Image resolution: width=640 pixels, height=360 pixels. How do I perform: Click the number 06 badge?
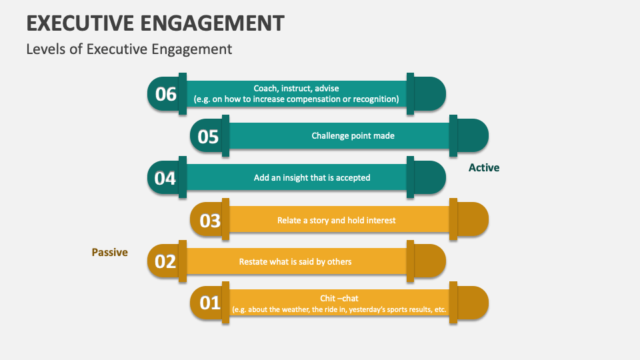tap(165, 94)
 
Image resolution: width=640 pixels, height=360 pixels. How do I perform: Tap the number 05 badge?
tap(208, 136)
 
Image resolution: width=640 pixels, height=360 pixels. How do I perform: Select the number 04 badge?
tap(165, 178)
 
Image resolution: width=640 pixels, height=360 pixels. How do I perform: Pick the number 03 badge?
tap(209, 220)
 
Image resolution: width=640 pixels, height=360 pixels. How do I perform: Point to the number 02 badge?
tap(165, 261)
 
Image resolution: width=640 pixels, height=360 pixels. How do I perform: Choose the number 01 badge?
tap(209, 303)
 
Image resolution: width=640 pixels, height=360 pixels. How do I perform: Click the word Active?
tap(484, 168)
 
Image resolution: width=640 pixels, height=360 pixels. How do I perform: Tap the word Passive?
tap(109, 253)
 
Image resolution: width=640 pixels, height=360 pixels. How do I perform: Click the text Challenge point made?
tap(353, 136)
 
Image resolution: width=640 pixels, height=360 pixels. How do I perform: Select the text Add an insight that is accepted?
tap(312, 178)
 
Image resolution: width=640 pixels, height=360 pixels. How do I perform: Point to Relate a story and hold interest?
tap(337, 220)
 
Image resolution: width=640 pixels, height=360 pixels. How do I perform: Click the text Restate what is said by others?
tap(295, 261)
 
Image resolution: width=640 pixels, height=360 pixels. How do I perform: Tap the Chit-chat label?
tap(339, 298)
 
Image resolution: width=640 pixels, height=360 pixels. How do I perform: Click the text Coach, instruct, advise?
tap(296, 88)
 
